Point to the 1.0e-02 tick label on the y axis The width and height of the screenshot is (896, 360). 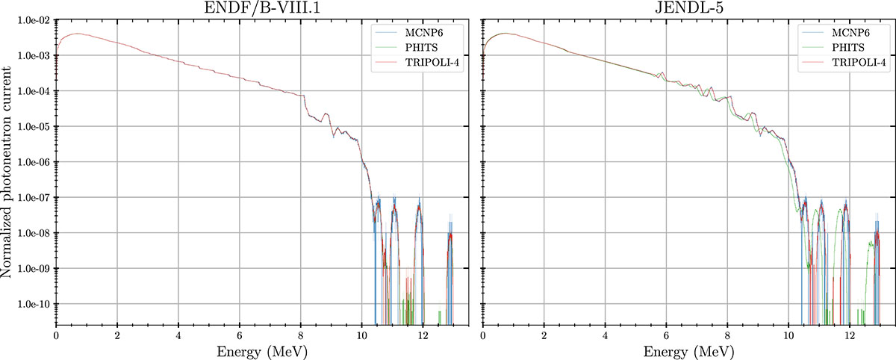33,20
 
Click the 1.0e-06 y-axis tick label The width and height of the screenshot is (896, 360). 33,162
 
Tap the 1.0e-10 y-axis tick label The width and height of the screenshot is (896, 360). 33,304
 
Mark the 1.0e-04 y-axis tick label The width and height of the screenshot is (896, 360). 33,91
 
